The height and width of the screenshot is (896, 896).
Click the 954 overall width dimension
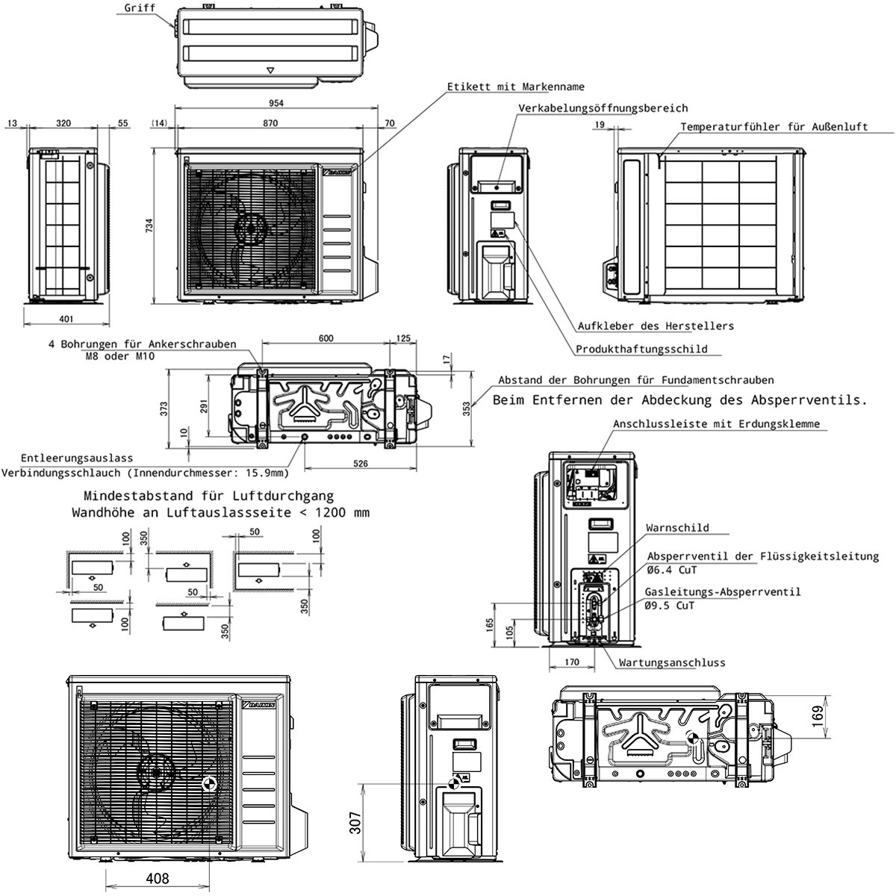(x=276, y=103)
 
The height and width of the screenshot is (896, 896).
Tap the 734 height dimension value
(x=149, y=225)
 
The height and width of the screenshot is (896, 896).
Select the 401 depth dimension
(x=66, y=319)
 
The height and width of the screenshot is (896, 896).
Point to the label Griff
(x=140, y=8)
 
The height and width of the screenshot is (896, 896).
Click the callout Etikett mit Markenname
(x=516, y=87)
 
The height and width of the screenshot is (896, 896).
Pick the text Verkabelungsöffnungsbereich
(x=603, y=108)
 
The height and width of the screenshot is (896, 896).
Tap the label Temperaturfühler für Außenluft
(x=774, y=126)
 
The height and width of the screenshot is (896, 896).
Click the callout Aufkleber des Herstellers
(x=656, y=326)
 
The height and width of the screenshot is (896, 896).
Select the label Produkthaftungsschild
(x=641, y=349)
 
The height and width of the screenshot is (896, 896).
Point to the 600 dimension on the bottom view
(x=326, y=338)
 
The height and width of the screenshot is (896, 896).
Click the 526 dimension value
(x=361, y=463)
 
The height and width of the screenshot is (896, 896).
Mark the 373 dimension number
(x=164, y=408)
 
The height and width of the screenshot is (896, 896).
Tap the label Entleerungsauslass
(x=77, y=458)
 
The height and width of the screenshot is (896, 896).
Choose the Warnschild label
(x=677, y=528)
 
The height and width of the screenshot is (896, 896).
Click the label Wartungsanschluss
(x=672, y=662)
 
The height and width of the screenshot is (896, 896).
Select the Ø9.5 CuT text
(x=669, y=606)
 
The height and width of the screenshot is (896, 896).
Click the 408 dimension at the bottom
(x=158, y=878)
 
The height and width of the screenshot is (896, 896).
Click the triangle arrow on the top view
(x=270, y=71)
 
